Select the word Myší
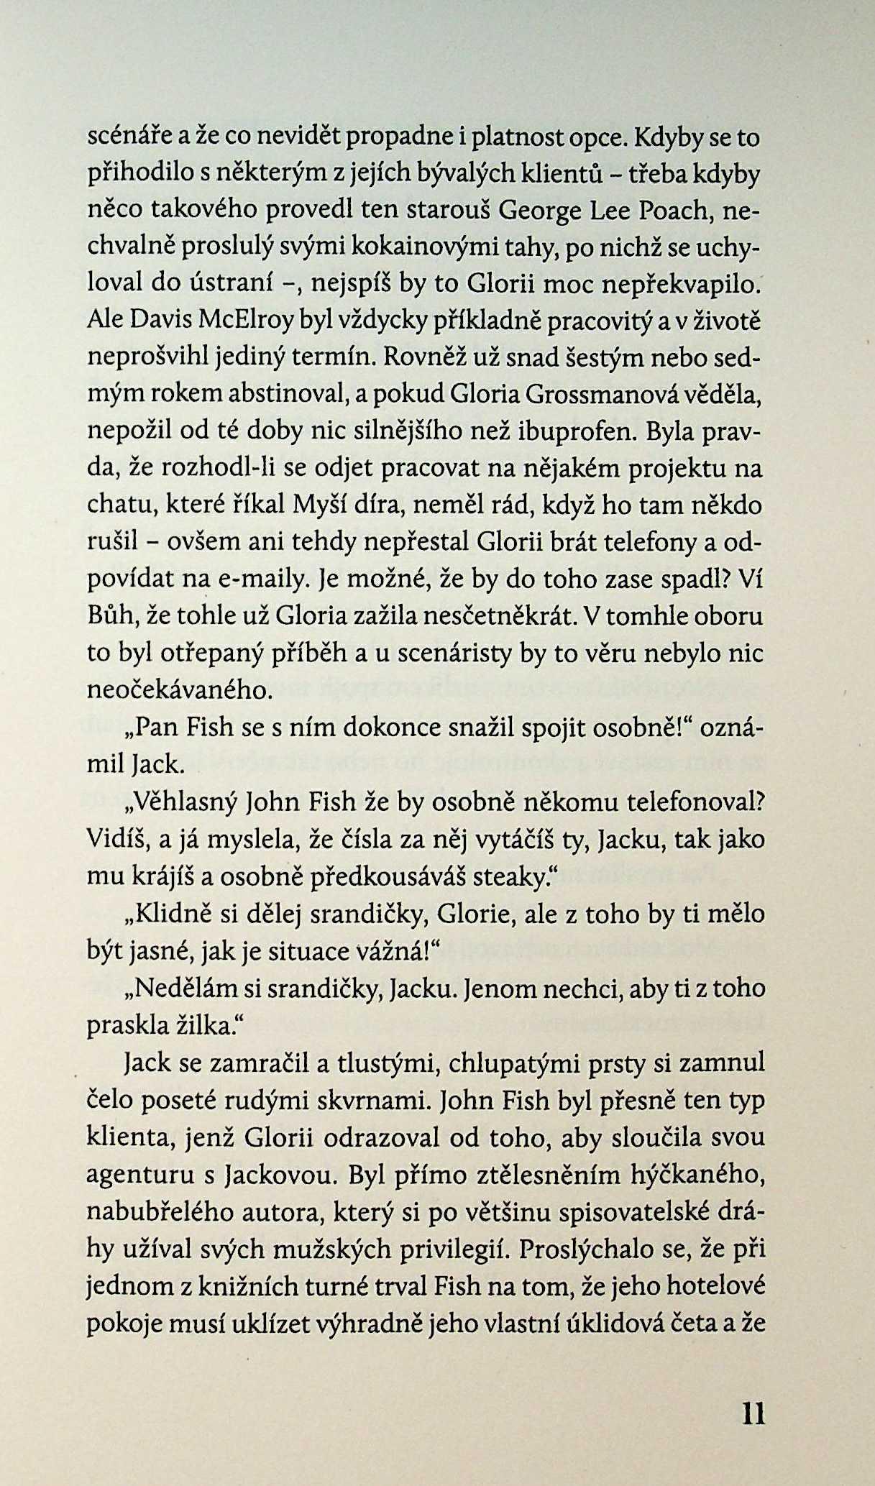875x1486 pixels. (x=322, y=506)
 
